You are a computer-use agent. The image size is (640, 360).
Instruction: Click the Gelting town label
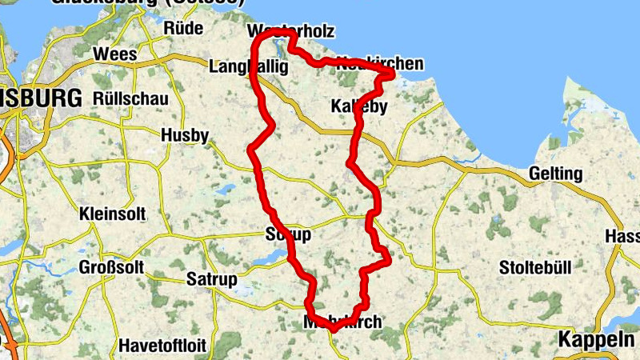(556, 174)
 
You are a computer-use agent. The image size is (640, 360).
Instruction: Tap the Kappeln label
(598, 338)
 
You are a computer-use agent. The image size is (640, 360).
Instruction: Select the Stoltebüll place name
(535, 266)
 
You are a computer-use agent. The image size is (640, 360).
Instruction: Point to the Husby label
(185, 134)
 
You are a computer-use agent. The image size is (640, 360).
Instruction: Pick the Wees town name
(115, 54)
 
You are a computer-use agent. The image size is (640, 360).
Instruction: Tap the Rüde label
(183, 28)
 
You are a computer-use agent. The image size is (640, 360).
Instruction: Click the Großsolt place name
(111, 267)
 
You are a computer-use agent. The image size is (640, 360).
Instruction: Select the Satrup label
(211, 279)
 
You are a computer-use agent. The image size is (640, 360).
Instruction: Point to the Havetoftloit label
(162, 346)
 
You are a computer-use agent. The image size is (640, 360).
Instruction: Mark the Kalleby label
(358, 106)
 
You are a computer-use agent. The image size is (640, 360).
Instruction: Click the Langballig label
(247, 68)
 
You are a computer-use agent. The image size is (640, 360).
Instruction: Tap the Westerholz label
(290, 31)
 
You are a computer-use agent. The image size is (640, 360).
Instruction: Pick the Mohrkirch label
(342, 322)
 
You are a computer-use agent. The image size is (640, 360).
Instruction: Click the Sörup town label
(286, 235)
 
